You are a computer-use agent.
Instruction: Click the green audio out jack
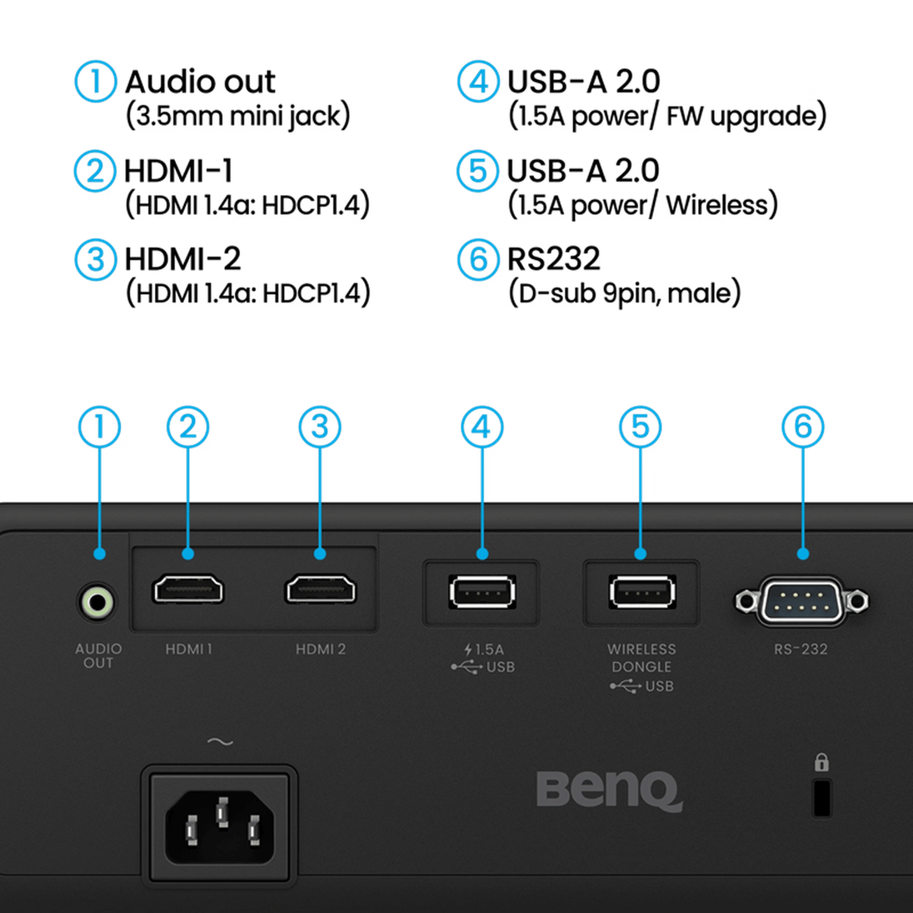97,602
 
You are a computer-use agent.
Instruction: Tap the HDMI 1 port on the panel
187,589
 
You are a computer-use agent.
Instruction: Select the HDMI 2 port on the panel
320,589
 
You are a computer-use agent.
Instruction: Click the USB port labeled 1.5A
481,592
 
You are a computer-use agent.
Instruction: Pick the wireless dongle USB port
641,592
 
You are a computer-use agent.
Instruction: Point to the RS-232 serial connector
801,601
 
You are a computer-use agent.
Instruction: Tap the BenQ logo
609,791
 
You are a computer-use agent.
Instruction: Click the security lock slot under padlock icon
821,798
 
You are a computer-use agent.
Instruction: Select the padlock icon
821,762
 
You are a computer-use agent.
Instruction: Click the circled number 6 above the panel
802,427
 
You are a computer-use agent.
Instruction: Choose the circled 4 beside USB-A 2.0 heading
478,82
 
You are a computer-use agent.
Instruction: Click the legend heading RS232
553,258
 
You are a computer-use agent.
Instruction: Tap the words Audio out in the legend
200,82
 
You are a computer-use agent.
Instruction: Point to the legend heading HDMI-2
182,258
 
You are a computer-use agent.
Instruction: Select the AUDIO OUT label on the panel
98,656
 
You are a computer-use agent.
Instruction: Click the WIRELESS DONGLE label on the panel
641,657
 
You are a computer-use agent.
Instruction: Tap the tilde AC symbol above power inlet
220,741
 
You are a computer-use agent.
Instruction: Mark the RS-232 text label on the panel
801,649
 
